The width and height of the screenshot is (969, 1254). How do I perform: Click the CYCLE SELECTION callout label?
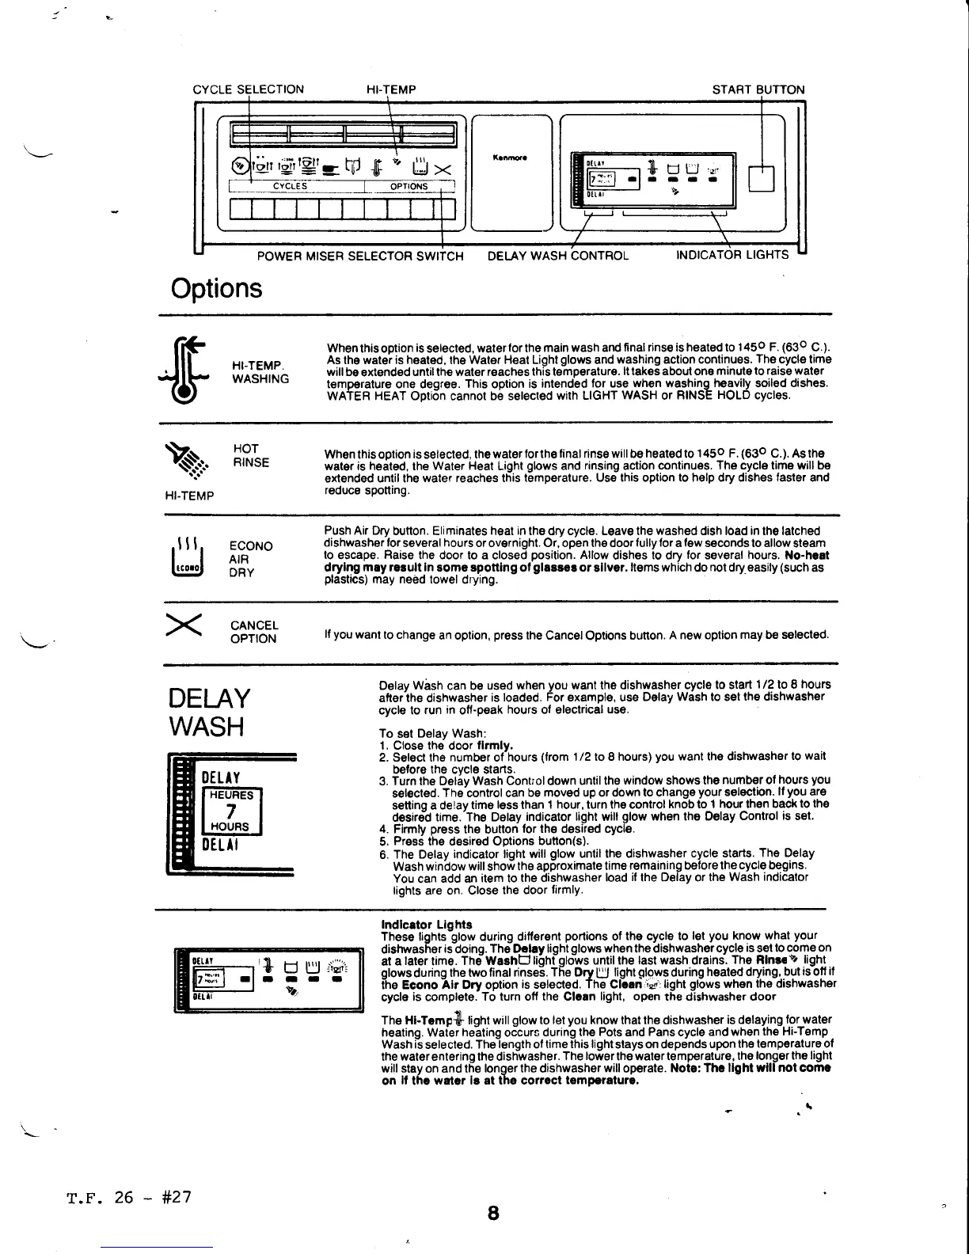click(248, 89)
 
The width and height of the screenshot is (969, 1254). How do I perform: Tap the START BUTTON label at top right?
click(758, 89)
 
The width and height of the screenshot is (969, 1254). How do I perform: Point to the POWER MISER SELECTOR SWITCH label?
click(360, 255)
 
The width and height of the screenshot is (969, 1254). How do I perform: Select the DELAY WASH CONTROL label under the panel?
click(557, 255)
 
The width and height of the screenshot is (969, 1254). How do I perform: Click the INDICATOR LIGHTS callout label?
click(732, 255)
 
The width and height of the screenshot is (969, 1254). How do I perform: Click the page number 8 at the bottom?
click(492, 1213)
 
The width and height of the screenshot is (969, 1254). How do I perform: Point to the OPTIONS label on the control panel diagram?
click(408, 187)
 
